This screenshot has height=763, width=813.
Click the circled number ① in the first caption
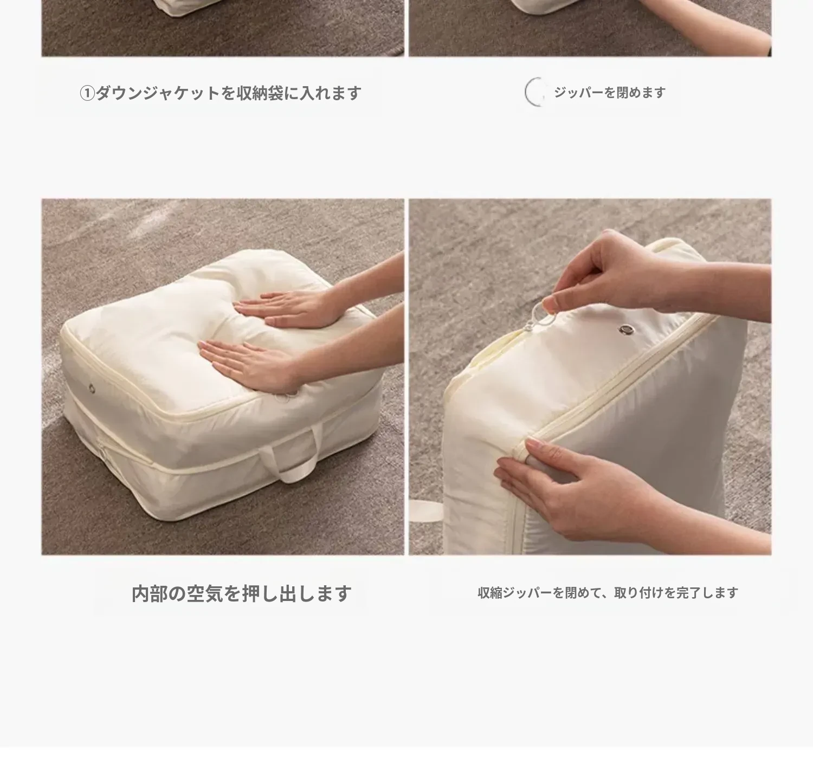[x=87, y=93]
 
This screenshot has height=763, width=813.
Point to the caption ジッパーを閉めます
[x=610, y=93]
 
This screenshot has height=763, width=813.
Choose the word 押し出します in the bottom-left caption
[x=297, y=594]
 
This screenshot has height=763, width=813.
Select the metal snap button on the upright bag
[x=625, y=329]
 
